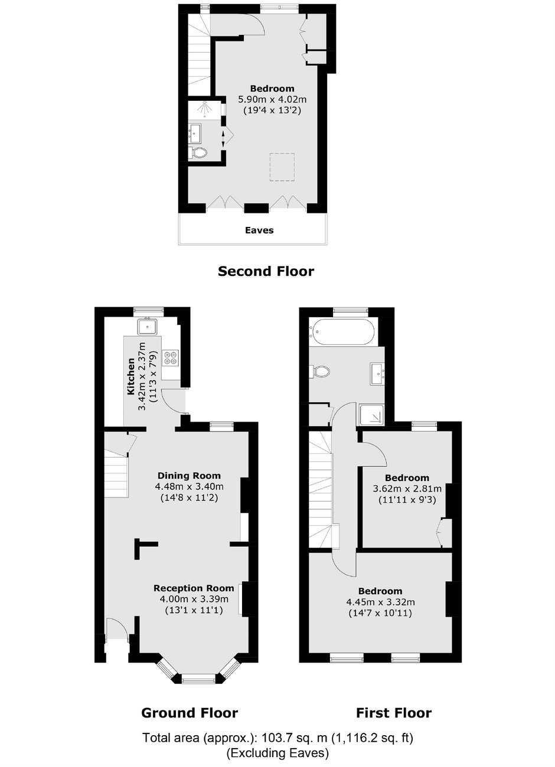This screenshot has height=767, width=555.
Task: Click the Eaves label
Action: pos(259,230)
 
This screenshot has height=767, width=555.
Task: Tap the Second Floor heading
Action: pos(266,271)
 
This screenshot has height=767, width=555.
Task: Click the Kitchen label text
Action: pos(130,376)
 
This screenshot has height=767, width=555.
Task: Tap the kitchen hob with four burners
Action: pos(171,357)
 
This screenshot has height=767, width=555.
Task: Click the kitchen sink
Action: pos(148,327)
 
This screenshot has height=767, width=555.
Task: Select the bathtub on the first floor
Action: pos(341,331)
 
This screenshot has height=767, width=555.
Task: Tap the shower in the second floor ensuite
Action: pos(205,110)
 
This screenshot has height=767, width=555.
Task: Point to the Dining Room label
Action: pos(189,476)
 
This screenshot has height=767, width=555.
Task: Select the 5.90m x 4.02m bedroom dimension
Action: pos(272,100)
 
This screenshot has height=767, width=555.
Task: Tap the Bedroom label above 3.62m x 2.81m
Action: pos(407,478)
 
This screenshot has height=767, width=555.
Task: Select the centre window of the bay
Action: pos(198,677)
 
